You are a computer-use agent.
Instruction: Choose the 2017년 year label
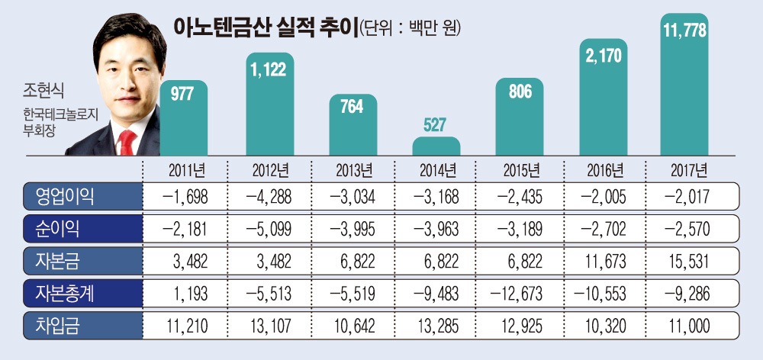pyautogui.click(x=683, y=169)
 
